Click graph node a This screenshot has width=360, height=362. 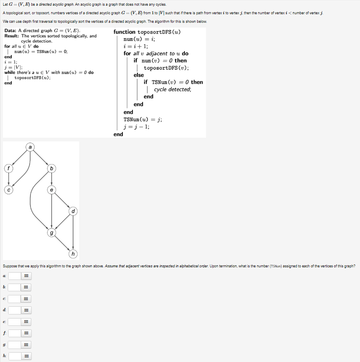(30, 146)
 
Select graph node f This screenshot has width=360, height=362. (8, 168)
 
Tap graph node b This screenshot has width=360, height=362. (52, 168)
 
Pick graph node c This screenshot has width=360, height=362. (8, 190)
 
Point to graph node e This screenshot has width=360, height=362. (52, 190)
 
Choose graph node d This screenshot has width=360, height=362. (73, 211)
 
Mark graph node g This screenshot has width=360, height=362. (52, 233)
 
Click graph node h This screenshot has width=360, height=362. (73, 254)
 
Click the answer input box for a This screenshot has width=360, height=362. (14, 276)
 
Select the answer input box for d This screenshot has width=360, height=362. (14, 310)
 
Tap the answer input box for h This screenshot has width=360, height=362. (14, 356)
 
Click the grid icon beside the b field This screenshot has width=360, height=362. (26, 288)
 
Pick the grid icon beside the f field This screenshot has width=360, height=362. (26, 334)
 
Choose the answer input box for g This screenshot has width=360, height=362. (14, 345)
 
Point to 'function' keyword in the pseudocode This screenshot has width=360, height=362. (124, 32)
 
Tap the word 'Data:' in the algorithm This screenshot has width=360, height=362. (11, 31)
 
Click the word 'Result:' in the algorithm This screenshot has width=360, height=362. (12, 36)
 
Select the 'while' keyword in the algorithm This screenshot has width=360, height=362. (10, 72)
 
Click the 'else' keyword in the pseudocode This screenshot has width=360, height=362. (139, 75)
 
